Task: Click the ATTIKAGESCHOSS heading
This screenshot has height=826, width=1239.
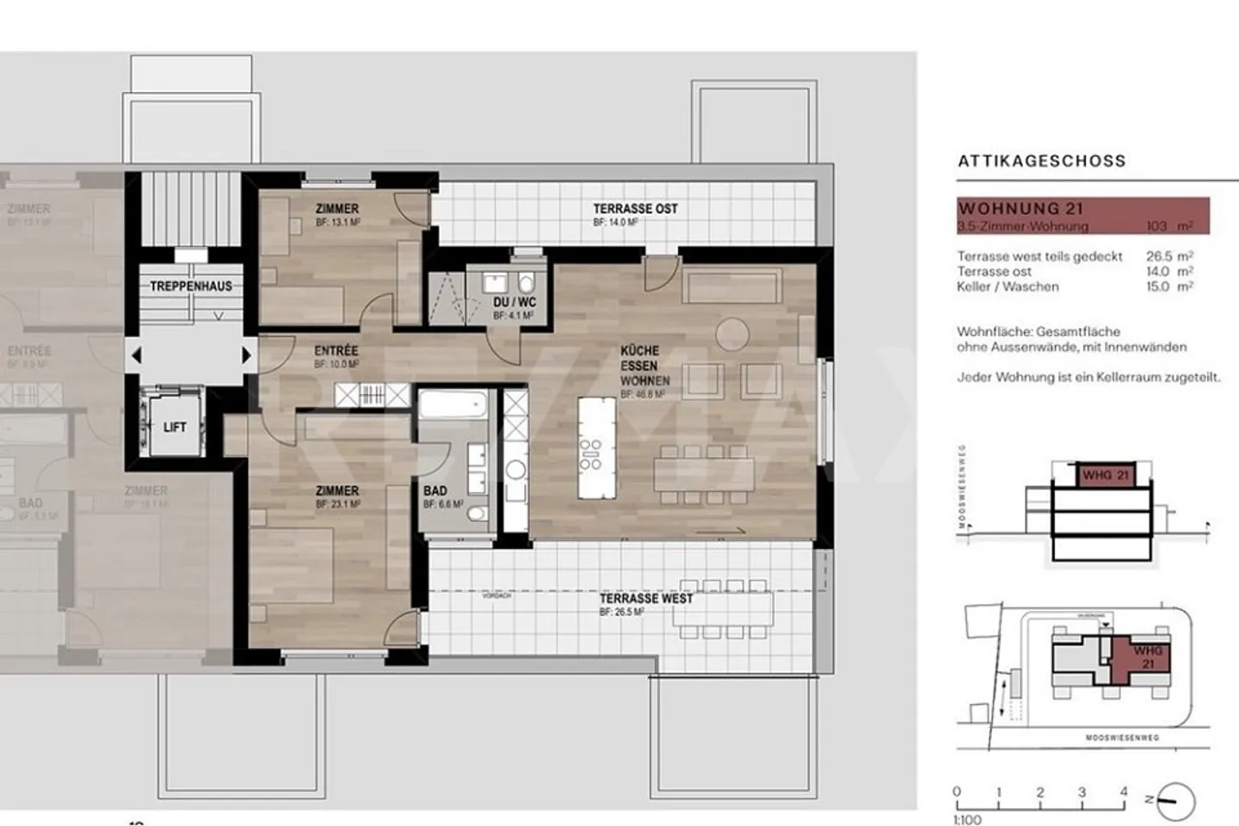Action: [1041, 161]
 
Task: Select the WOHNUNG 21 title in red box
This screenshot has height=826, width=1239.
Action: [1020, 208]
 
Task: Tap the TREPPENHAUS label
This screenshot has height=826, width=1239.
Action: [191, 286]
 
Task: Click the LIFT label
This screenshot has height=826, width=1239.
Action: [175, 427]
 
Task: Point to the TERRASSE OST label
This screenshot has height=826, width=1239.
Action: [635, 209]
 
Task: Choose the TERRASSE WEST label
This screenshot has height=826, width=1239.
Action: [645, 598]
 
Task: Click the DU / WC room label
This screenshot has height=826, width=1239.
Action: [515, 302]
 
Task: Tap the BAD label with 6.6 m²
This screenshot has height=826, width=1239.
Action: [435, 491]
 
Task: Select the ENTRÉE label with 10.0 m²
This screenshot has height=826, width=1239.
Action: [336, 351]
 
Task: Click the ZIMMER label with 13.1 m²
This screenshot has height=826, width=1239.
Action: [337, 209]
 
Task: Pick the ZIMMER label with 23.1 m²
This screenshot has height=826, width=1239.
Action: [337, 490]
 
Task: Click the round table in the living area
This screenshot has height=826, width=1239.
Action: [733, 333]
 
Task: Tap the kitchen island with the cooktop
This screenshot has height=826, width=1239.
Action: [596, 447]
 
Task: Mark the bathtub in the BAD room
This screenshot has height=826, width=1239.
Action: [453, 404]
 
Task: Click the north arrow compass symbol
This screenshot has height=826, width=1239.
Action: [1175, 801]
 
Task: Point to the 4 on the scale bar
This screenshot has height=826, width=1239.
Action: [1124, 792]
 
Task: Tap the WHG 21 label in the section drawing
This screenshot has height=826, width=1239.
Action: [1105, 475]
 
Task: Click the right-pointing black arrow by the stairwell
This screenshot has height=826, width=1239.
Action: [247, 354]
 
